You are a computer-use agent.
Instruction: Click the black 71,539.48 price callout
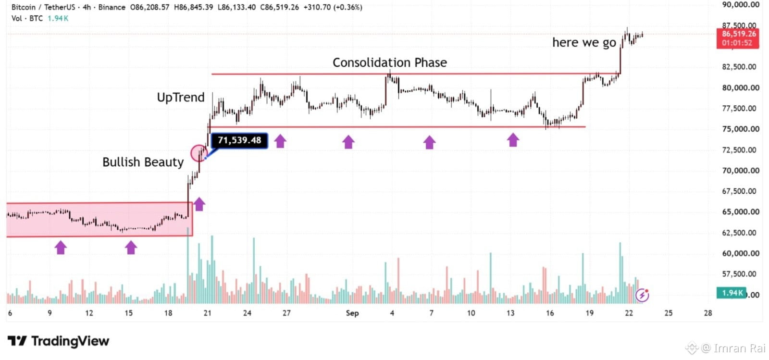pos(239,140)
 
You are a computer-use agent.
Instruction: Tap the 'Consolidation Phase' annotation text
pos(390,62)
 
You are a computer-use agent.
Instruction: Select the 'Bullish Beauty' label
pos(143,162)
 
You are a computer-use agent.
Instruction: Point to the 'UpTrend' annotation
pos(181,98)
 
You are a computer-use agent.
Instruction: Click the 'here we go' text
pos(584,43)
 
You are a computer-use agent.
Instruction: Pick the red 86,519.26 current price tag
pos(738,38)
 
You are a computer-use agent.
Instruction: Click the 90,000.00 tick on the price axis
pos(741,4)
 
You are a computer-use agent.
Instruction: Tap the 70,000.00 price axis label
pos(741,171)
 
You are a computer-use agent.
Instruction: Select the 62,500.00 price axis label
pos(741,233)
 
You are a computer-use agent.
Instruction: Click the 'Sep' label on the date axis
pos(352,313)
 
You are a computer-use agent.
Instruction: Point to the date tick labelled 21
pos(207,313)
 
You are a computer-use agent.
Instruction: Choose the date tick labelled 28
pos(708,313)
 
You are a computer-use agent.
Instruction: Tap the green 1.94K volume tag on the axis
pos(732,293)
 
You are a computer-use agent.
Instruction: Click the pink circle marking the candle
pos(199,153)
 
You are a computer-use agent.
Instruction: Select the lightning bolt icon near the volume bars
pos(642,295)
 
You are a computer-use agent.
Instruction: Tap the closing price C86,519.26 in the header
pos(279,7)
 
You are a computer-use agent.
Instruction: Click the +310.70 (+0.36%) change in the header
pos(333,7)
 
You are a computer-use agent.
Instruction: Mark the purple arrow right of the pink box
pos(199,204)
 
